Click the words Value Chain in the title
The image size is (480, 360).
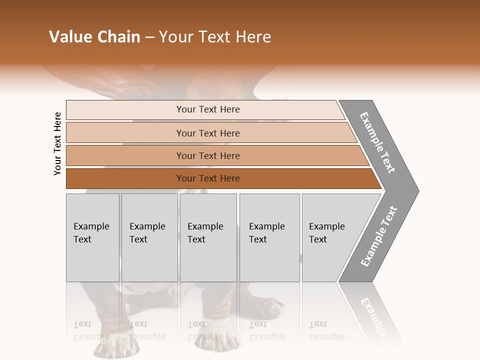coord(94,37)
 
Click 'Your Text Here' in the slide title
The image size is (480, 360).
coord(215,37)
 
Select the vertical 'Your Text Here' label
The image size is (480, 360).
coord(57,143)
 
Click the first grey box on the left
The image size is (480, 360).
coord(92,237)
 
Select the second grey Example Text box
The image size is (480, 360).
coord(149,237)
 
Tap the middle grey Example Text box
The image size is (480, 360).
coord(208,237)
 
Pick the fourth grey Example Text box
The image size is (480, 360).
coord(269,237)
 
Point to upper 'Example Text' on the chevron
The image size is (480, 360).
coord(377,142)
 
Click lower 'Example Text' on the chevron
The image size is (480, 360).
coord(378,236)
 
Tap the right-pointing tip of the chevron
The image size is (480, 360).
coord(416,190)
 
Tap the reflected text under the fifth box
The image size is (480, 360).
coord(326,330)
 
